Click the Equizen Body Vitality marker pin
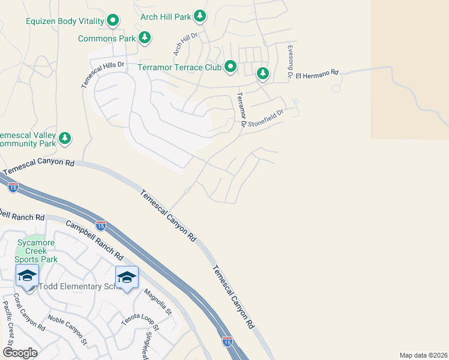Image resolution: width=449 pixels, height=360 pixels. pyautogui.click(x=113, y=22)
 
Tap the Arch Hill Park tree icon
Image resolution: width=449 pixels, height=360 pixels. pyautogui.click(x=200, y=17)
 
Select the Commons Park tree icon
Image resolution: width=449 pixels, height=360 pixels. pyautogui.click(x=144, y=38)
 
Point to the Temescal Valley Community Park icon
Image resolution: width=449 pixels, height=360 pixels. pyautogui.click(x=65, y=139)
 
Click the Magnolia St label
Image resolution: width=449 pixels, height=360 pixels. pyautogui.click(x=158, y=302)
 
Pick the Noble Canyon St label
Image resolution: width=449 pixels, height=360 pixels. pyautogui.click(x=67, y=329)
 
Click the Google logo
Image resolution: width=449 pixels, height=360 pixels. pyautogui.click(x=20, y=352)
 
